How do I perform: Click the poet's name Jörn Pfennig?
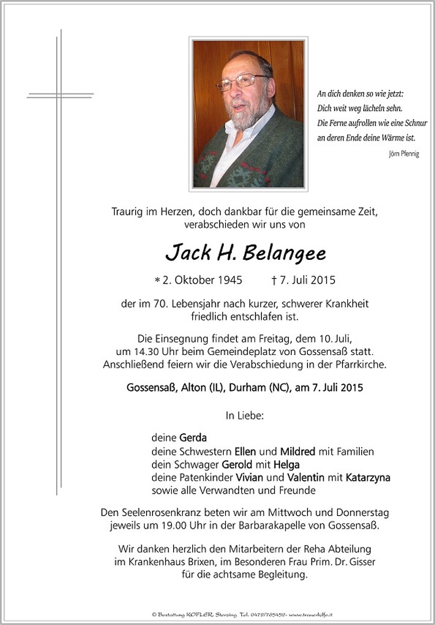pyautogui.click(x=404, y=154)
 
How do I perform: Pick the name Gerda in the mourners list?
pyautogui.click(x=193, y=438)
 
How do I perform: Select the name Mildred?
pyautogui.click(x=297, y=452)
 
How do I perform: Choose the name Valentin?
pyautogui.click(x=306, y=478)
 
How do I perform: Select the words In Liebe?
pyautogui.click(x=245, y=416)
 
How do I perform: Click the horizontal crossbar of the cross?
pyautogui.click(x=60, y=95)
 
